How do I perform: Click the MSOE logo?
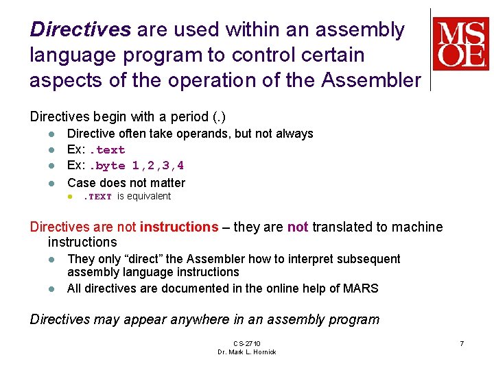click(x=460, y=45)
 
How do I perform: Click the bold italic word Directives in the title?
click(x=80, y=29)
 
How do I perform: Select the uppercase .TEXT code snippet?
click(x=97, y=197)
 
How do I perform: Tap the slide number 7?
click(x=462, y=343)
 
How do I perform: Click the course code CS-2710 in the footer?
click(x=246, y=343)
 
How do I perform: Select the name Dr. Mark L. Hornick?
click(x=246, y=352)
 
